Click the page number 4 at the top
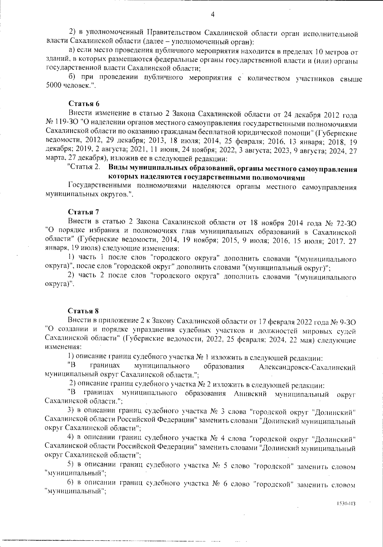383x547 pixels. (213, 14)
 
